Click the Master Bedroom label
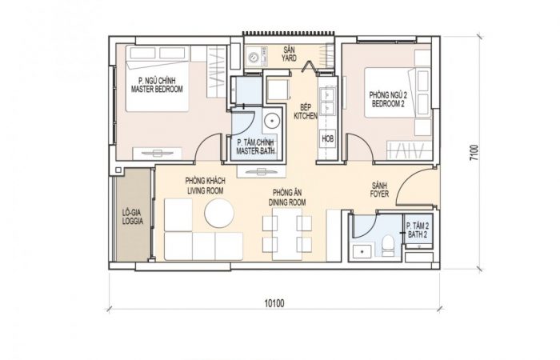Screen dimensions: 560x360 (157, 85)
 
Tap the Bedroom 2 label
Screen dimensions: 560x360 (388, 99)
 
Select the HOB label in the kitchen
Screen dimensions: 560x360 (327, 138)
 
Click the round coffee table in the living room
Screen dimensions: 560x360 (219, 214)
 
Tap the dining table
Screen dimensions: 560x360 (287, 234)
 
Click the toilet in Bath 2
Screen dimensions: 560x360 (388, 246)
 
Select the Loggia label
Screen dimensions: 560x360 (133, 217)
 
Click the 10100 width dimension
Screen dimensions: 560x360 (274, 303)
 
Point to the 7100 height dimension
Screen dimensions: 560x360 (474, 153)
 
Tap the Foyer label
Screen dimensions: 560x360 (379, 190)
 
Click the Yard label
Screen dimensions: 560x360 (289, 54)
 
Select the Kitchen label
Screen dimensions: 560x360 (306, 111)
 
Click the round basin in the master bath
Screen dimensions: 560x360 (273, 120)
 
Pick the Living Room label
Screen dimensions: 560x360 (206, 186)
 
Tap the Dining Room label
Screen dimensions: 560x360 (287, 198)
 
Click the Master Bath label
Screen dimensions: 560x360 (255, 146)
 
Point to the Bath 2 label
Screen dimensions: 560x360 (418, 230)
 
